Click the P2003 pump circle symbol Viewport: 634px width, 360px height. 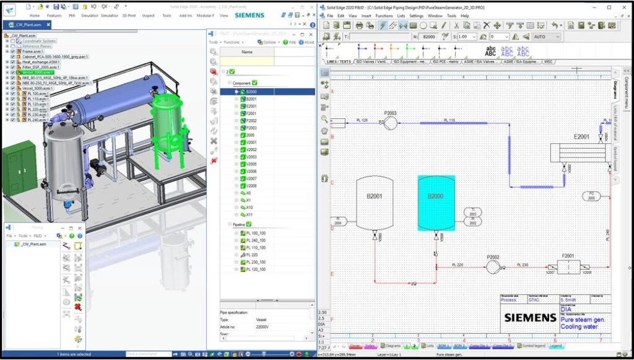click(391, 123)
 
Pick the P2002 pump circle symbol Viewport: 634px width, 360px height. click(493, 267)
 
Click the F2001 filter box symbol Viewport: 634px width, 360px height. click(567, 267)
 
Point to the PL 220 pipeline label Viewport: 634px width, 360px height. click(458, 265)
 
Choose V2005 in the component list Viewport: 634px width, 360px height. click(251, 164)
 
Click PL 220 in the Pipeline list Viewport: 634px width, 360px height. click(252, 255)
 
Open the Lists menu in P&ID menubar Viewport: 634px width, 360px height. click(401, 15)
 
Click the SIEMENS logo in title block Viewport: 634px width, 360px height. click(530, 318)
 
